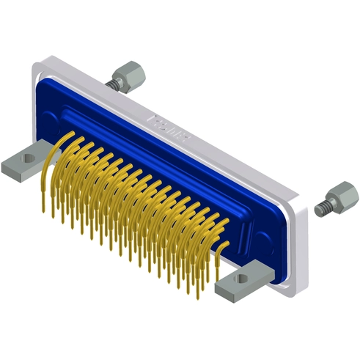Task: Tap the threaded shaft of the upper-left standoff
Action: pos(114,84)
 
